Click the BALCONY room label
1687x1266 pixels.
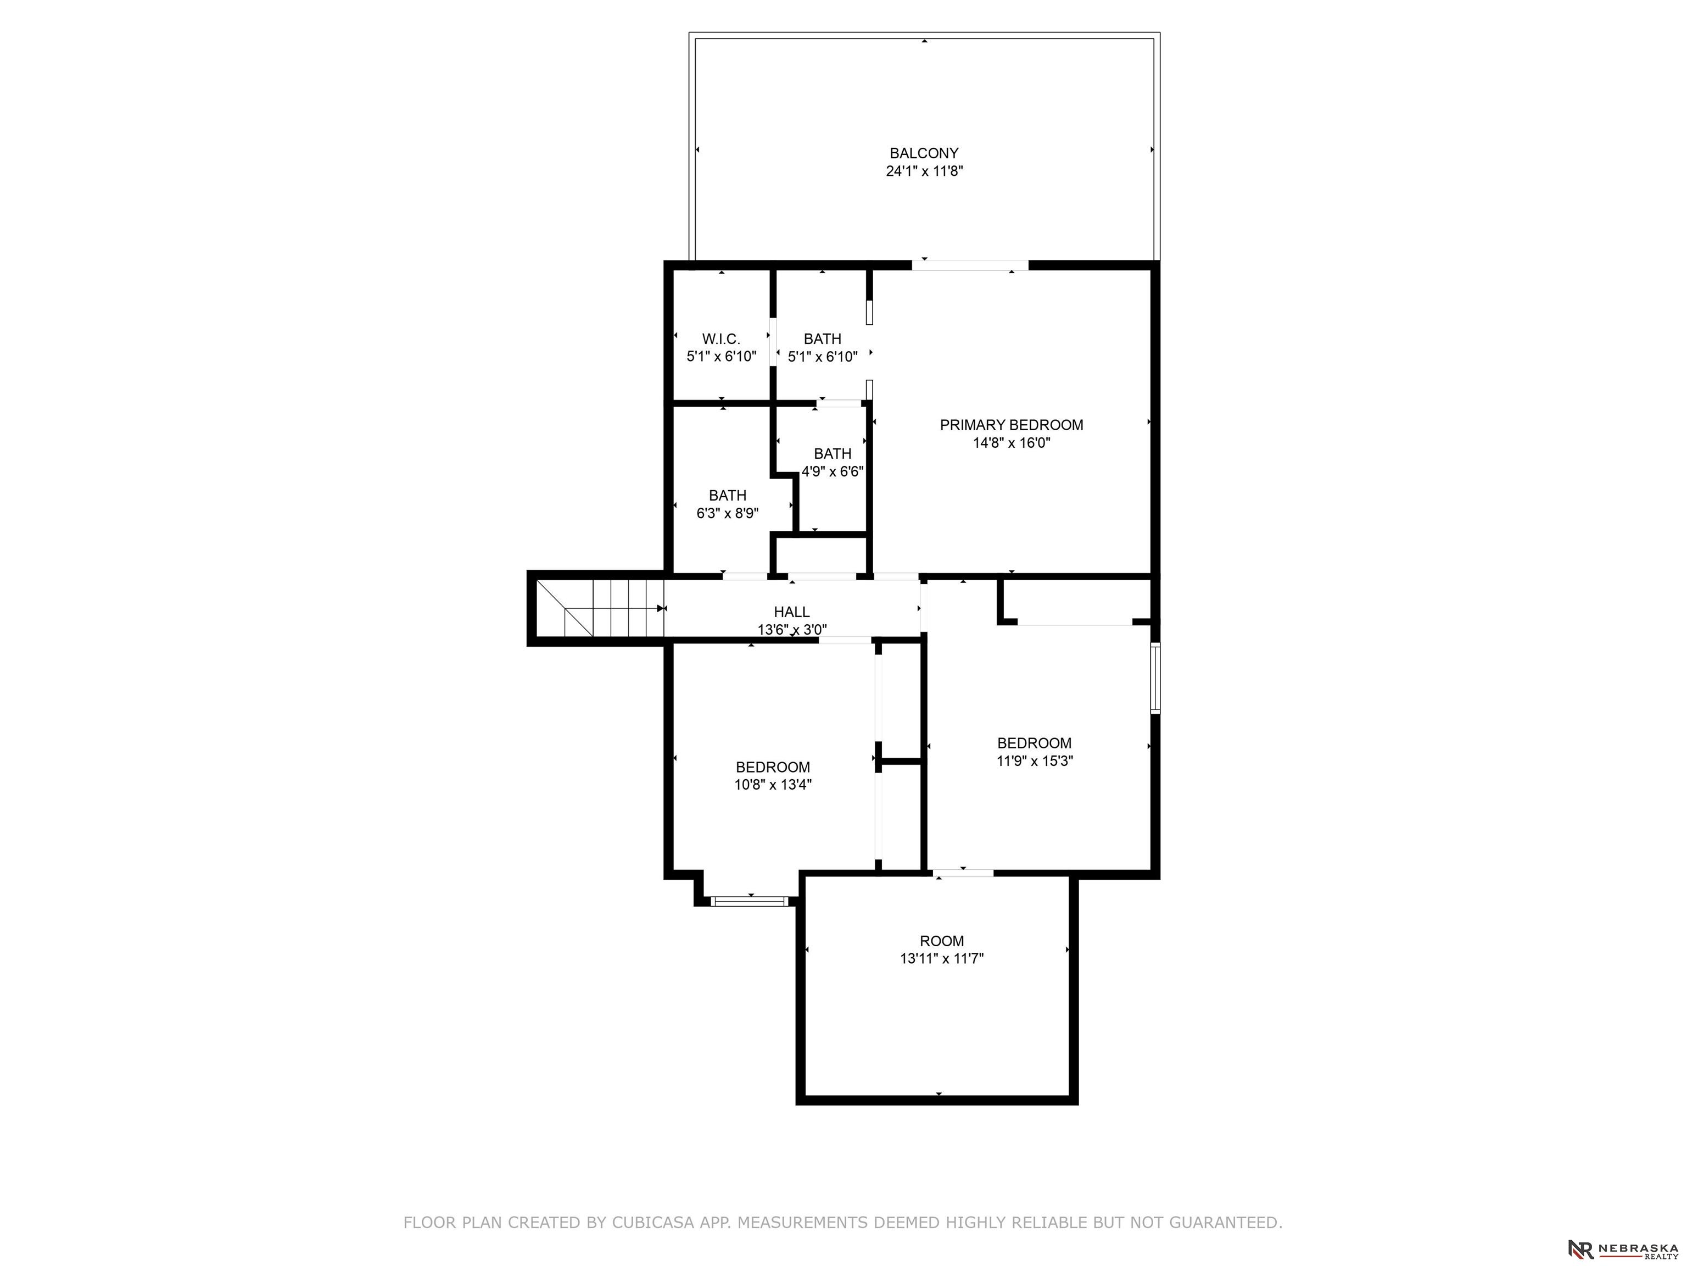pyautogui.click(x=924, y=153)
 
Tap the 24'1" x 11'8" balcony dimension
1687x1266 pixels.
pyautogui.click(x=924, y=171)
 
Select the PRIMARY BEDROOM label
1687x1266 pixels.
pyautogui.click(x=1012, y=425)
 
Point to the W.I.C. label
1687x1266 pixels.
pyautogui.click(x=720, y=339)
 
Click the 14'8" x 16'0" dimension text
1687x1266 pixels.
pyautogui.click(x=1012, y=442)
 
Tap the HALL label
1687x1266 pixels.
pyautogui.click(x=792, y=612)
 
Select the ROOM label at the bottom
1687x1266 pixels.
pyautogui.click(x=942, y=941)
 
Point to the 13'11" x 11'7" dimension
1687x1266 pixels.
pyautogui.click(x=942, y=958)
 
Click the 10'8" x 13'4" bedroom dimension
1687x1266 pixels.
pyautogui.click(x=773, y=785)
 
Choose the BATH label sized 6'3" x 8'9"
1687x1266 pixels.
pyautogui.click(x=728, y=495)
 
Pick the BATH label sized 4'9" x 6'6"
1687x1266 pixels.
pyautogui.click(x=832, y=453)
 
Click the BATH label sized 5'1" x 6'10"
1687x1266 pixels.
pyautogui.click(x=822, y=339)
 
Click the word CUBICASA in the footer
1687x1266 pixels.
pyautogui.click(x=653, y=1223)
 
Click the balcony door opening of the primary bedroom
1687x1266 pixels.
pyautogui.click(x=970, y=265)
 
